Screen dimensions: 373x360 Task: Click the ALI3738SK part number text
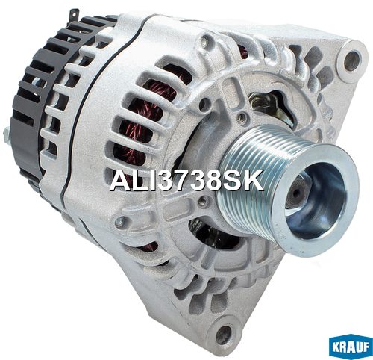[x=186, y=180]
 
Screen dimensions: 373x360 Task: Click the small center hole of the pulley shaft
[x=297, y=193]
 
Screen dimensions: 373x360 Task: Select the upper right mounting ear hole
[x=351, y=61]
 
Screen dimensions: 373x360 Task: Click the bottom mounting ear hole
[x=224, y=333]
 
